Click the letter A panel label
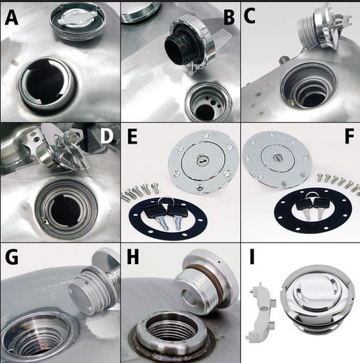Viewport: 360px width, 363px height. click(x=11, y=18)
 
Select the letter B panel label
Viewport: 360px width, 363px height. click(x=229, y=18)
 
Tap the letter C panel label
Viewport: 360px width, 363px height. click(x=249, y=16)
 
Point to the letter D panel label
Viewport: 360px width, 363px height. click(x=107, y=137)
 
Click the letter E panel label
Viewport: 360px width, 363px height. click(x=132, y=137)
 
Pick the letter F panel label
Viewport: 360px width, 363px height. click(x=349, y=137)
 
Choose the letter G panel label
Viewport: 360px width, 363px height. click(x=11, y=257)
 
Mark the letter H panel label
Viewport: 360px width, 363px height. click(x=132, y=257)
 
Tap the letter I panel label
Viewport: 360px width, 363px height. click(x=252, y=257)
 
